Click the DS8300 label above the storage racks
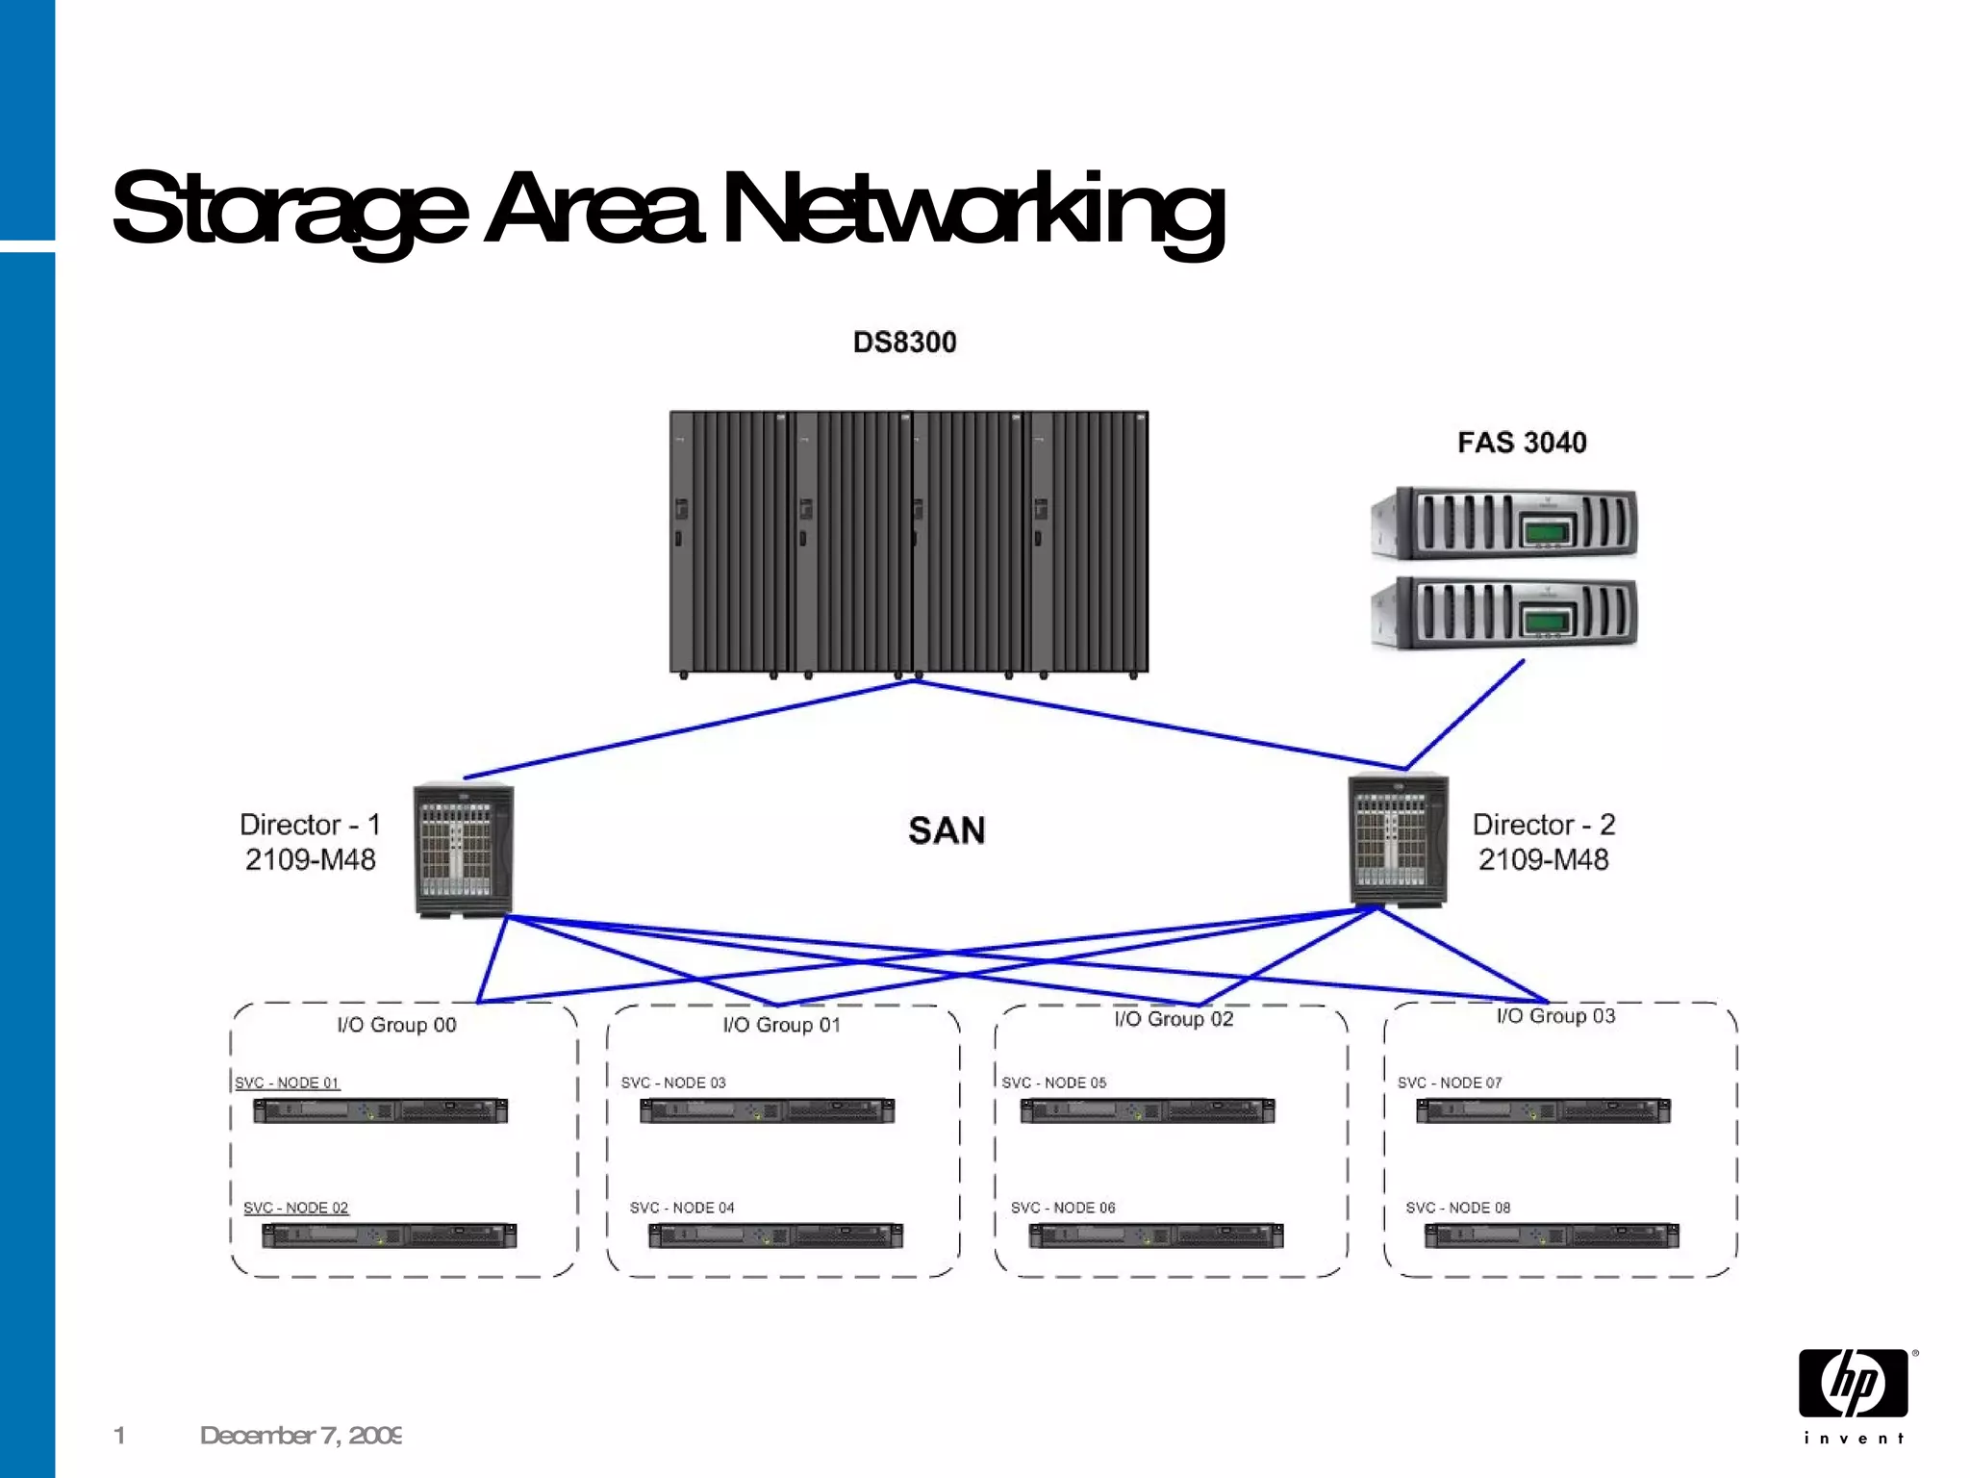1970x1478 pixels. [x=904, y=343]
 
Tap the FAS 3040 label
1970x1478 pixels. [x=1522, y=443]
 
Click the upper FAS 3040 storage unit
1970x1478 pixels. [x=1504, y=524]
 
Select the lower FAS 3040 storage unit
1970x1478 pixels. [x=1504, y=613]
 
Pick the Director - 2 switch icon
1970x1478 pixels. [x=1398, y=840]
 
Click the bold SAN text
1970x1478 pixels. [x=947, y=830]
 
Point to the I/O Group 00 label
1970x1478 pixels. [x=396, y=1025]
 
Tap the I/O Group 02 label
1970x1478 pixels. [x=1174, y=1019]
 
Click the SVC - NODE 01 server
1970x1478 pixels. [x=380, y=1111]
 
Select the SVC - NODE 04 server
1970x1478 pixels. [x=775, y=1236]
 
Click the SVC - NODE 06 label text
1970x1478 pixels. [x=1062, y=1208]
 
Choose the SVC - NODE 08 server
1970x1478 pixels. [x=1552, y=1236]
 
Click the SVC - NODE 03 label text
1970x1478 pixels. [x=673, y=1083]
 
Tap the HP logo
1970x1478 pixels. [x=1854, y=1384]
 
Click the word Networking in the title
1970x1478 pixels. [x=972, y=209]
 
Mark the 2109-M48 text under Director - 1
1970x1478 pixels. [x=310, y=859]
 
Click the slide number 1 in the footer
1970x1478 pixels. [x=119, y=1436]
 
